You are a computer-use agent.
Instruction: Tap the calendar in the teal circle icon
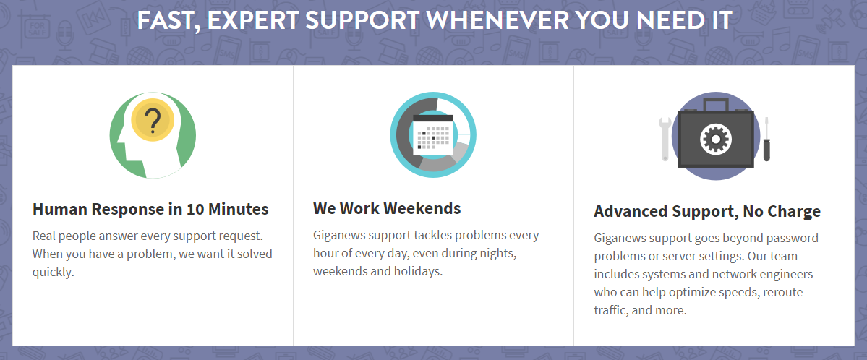434,134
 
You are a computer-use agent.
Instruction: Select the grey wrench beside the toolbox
665,138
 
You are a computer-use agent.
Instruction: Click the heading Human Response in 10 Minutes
150,210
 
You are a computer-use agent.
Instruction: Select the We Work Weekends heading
387,208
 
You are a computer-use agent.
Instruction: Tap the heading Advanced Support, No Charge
707,211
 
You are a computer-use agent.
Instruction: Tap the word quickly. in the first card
53,273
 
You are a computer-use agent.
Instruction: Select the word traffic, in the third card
611,310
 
